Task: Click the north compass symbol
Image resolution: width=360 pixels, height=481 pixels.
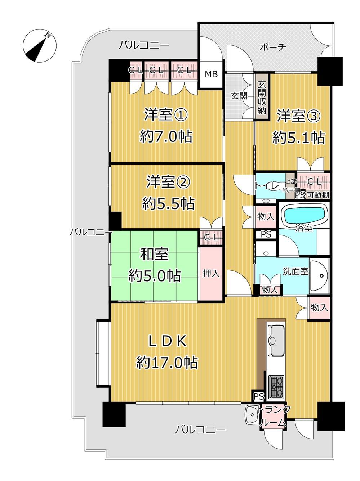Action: pos(40,46)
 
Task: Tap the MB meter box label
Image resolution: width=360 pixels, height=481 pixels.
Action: pos(211,74)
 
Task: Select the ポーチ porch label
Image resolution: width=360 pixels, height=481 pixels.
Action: pos(273,47)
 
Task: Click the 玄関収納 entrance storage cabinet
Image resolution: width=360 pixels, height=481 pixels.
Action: pos(262,97)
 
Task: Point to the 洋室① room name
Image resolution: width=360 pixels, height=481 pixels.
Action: pos(166,114)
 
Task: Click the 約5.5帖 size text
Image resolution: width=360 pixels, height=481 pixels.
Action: pos(168,203)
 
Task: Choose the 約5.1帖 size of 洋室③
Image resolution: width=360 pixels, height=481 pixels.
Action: pos(298,138)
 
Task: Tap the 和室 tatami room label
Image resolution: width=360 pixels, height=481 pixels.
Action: pos(154,254)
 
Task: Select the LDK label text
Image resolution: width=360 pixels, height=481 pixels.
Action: pos(168,341)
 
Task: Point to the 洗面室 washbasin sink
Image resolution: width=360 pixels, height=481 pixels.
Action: pos(319,275)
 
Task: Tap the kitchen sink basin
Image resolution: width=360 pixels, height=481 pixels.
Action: pos(276,340)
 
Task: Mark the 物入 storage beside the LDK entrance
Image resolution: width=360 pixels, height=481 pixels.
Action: pos(319,308)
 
